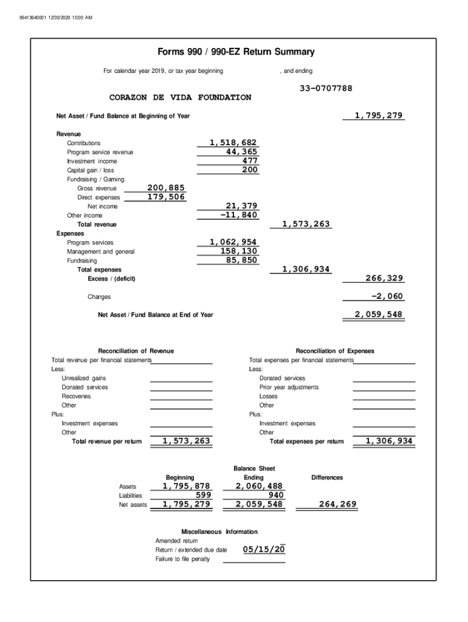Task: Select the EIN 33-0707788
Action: (x=326, y=89)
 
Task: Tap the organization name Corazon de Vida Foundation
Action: (x=180, y=98)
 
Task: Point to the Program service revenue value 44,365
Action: (x=241, y=152)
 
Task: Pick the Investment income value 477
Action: (x=250, y=161)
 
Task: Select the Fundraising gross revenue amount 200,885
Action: (x=166, y=188)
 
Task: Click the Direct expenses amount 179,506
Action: (x=166, y=197)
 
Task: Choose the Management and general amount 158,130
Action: (x=239, y=251)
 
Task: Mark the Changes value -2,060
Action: (x=387, y=296)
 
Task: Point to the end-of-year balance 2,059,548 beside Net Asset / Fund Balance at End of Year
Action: (x=379, y=315)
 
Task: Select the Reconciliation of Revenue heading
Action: (x=136, y=351)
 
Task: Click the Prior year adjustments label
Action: (x=289, y=387)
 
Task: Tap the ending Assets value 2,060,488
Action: (x=259, y=486)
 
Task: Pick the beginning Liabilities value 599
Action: (x=203, y=495)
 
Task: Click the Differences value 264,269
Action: (x=338, y=504)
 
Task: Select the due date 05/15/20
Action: (x=264, y=550)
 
